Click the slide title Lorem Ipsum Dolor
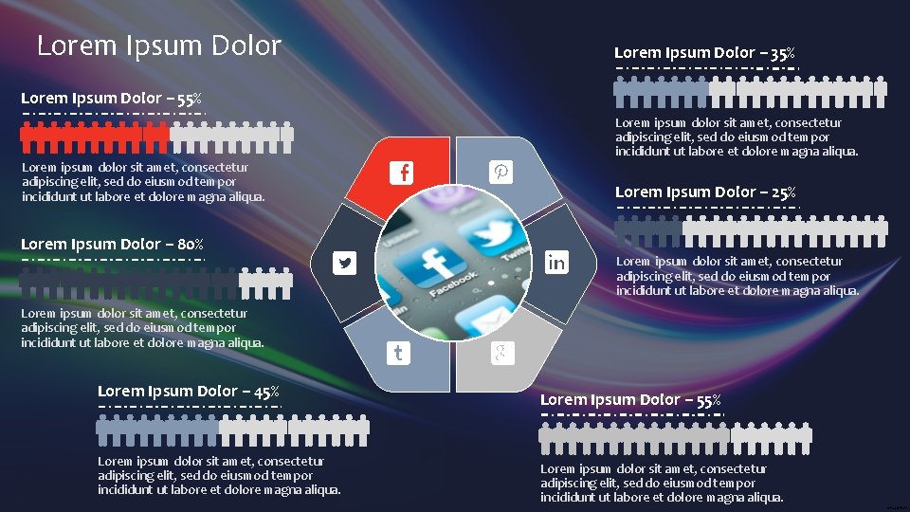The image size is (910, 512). [x=158, y=46]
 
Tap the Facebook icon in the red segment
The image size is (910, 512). [x=404, y=173]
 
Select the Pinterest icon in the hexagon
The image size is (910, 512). [x=500, y=172]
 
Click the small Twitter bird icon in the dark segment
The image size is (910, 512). [x=345, y=264]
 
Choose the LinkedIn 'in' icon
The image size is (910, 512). [x=556, y=263]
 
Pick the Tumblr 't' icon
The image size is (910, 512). [x=398, y=354]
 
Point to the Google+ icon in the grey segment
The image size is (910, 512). [x=501, y=354]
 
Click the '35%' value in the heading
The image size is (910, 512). [x=782, y=53]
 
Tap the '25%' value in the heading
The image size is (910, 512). [x=782, y=192]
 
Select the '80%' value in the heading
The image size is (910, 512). [x=190, y=245]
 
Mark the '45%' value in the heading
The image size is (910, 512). [x=264, y=391]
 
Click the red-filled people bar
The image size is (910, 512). [x=95, y=137]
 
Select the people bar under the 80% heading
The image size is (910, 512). [x=156, y=281]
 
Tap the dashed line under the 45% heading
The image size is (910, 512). [x=190, y=407]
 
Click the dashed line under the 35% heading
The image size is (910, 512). [x=705, y=68]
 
